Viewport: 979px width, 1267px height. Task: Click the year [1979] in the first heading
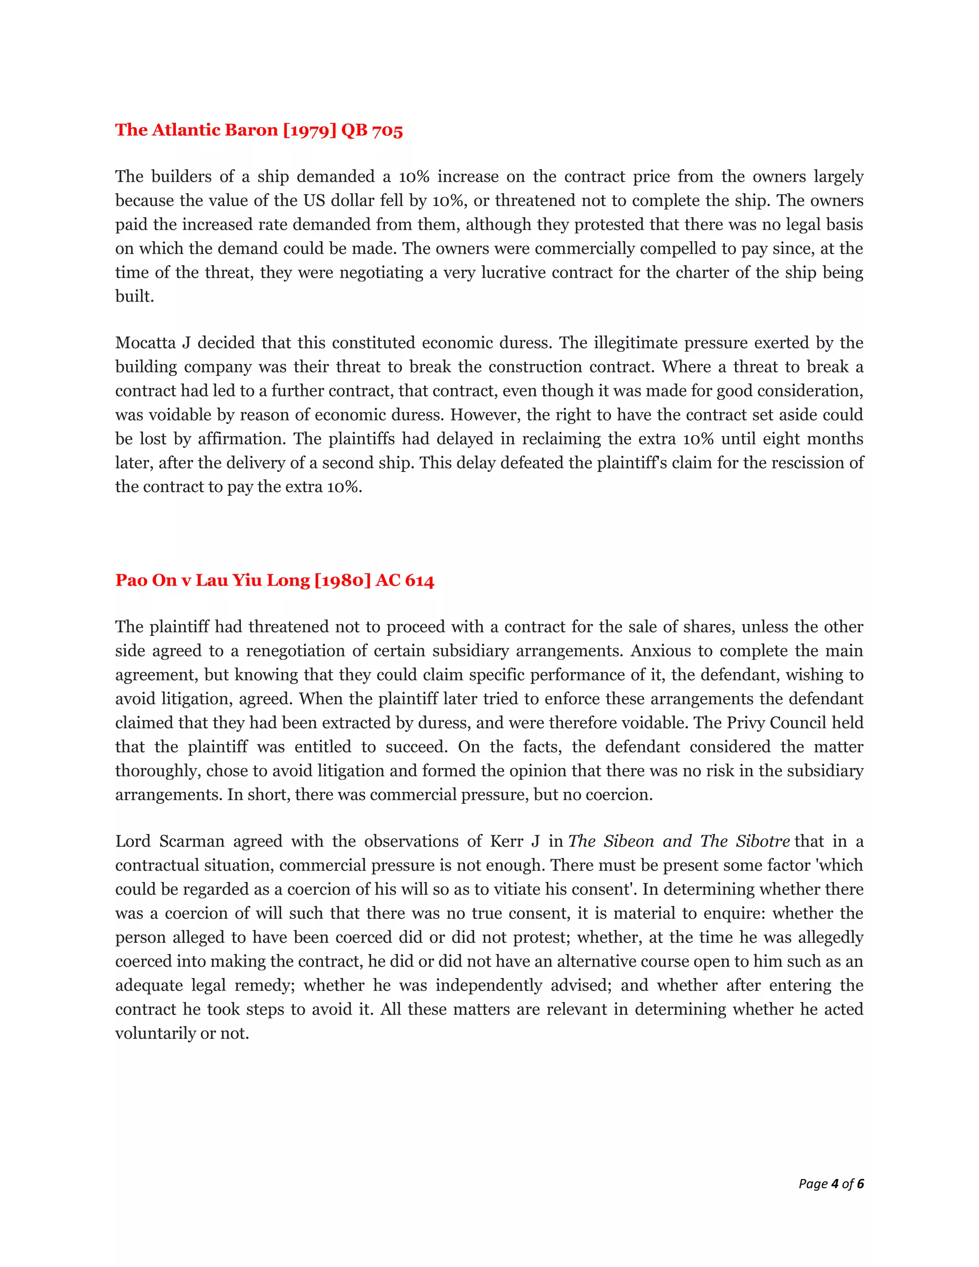tap(309, 130)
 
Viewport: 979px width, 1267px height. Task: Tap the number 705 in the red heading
tap(387, 130)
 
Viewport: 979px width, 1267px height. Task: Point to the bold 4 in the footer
tap(835, 1183)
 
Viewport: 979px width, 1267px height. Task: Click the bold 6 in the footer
tap(860, 1183)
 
